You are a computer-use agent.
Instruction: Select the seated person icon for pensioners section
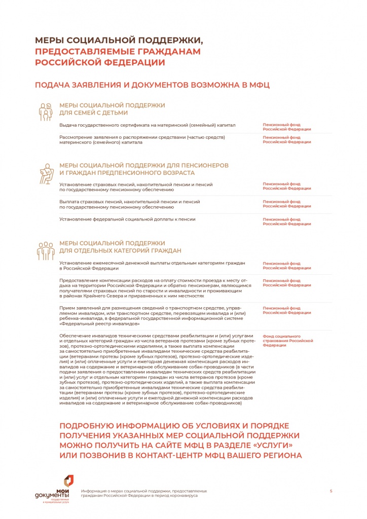46,174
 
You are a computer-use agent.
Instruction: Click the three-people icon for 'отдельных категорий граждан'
46,249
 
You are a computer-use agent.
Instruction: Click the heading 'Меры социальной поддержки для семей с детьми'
112,108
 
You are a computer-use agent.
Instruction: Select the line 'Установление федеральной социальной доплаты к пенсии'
127,219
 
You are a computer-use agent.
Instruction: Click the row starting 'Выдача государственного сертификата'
147,125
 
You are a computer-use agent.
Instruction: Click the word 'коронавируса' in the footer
183,495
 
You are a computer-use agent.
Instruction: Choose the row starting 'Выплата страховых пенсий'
129,204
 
